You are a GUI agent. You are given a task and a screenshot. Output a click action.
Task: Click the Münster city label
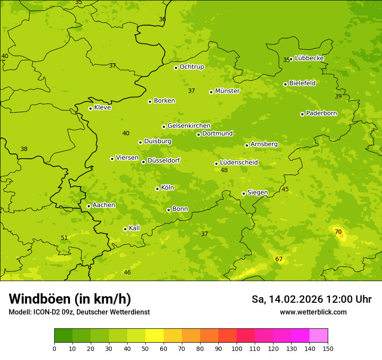tap(227, 91)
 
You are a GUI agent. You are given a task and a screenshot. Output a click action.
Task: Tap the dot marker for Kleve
tap(90, 108)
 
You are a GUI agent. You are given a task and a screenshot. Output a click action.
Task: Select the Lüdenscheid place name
tap(239, 163)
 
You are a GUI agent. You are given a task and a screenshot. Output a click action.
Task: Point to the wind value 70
tap(338, 232)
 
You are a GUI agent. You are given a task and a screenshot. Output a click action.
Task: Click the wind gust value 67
tap(279, 259)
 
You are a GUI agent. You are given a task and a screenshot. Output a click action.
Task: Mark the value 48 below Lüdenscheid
tap(224, 170)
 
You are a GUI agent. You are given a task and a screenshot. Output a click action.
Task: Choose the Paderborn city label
tap(321, 113)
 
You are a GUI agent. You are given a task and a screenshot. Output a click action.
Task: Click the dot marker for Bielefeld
tap(285, 84)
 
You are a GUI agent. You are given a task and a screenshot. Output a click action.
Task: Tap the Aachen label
tap(104, 205)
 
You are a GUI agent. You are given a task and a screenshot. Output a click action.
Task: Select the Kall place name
tap(134, 228)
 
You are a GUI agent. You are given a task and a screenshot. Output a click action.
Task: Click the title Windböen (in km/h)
tap(70, 299)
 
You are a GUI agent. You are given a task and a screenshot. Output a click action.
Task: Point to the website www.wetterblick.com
tap(313, 312)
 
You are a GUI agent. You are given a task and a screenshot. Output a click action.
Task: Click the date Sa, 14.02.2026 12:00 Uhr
tap(311, 299)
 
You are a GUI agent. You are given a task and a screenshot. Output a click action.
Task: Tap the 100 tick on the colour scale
tap(237, 348)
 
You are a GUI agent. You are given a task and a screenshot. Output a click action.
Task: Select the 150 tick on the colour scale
tap(328, 348)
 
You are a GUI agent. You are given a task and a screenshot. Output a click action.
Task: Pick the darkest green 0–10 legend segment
tap(63, 335)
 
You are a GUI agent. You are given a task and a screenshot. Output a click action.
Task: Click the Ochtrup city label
tap(191, 67)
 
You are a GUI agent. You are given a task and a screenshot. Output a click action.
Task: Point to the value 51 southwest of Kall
tap(64, 238)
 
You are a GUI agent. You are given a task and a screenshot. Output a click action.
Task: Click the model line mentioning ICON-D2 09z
tap(79, 312)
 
